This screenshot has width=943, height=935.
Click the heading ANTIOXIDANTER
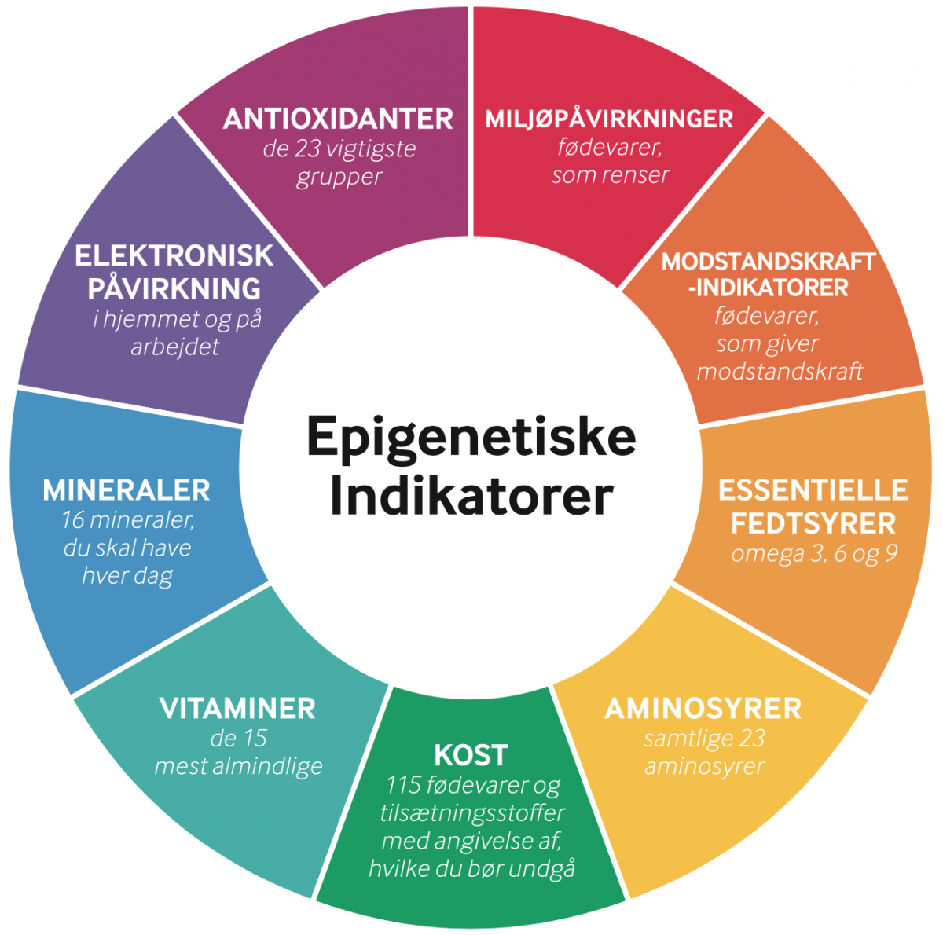[338, 119]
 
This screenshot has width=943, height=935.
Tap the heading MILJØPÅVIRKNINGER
[609, 119]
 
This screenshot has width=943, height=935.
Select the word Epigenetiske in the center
[471, 437]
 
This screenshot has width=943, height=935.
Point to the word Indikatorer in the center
[471, 496]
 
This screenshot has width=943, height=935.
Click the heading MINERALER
[127, 490]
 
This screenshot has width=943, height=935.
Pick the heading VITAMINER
[237, 709]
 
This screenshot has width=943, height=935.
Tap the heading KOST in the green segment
[471, 755]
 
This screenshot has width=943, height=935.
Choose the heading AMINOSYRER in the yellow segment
[703, 709]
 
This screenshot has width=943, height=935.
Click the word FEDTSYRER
[813, 523]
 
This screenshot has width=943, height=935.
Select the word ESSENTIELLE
[813, 490]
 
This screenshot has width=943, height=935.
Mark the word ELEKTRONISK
[174, 256]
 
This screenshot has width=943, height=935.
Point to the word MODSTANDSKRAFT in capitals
[768, 262]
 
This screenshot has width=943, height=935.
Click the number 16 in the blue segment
[72, 520]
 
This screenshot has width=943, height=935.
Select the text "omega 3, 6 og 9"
[813, 554]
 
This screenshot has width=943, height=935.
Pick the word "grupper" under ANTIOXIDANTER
[339, 177]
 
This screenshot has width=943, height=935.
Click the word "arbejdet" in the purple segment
[174, 346]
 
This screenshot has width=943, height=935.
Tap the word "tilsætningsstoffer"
[472, 813]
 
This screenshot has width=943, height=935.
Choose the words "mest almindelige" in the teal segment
[238, 766]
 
